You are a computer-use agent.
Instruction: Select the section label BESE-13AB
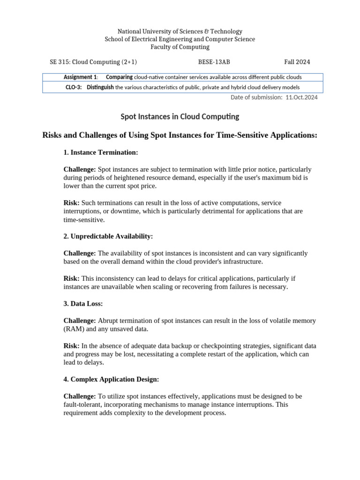point(214,62)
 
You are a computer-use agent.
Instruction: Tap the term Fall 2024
point(297,62)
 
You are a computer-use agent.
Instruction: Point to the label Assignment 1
point(80,77)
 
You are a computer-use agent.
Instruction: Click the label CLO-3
point(74,87)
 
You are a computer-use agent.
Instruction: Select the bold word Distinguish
point(100,87)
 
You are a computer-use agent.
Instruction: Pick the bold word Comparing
point(120,77)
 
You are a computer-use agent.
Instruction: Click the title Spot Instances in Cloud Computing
point(180,116)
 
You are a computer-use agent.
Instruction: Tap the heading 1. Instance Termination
point(100,153)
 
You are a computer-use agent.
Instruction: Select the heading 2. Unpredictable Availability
point(108,236)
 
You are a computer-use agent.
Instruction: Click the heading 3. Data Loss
point(83,304)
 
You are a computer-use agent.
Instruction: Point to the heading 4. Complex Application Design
point(111,379)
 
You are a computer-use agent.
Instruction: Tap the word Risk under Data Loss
point(71,346)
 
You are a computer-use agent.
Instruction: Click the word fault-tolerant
point(82,405)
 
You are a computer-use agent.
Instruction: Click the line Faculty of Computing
point(180,47)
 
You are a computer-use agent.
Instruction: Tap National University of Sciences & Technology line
point(180,31)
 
